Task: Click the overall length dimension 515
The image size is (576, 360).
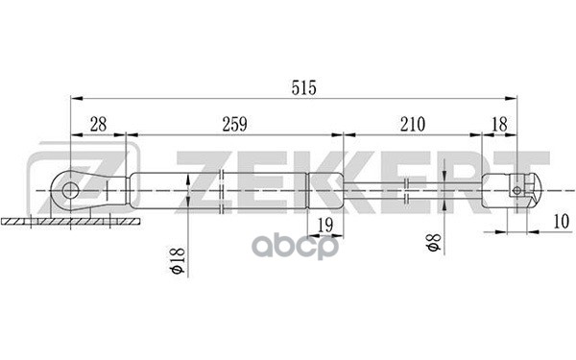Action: click(x=303, y=88)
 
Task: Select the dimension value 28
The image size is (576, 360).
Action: click(x=99, y=124)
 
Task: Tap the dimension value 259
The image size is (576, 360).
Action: click(x=235, y=124)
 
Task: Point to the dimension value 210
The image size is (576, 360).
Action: click(x=413, y=124)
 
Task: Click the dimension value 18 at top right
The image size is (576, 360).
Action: click(x=499, y=124)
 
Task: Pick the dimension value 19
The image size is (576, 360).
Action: click(x=325, y=225)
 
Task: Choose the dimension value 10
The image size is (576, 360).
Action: click(x=561, y=222)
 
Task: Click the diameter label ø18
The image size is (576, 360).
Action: click(x=177, y=261)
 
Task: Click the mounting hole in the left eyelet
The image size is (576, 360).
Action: click(x=69, y=191)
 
